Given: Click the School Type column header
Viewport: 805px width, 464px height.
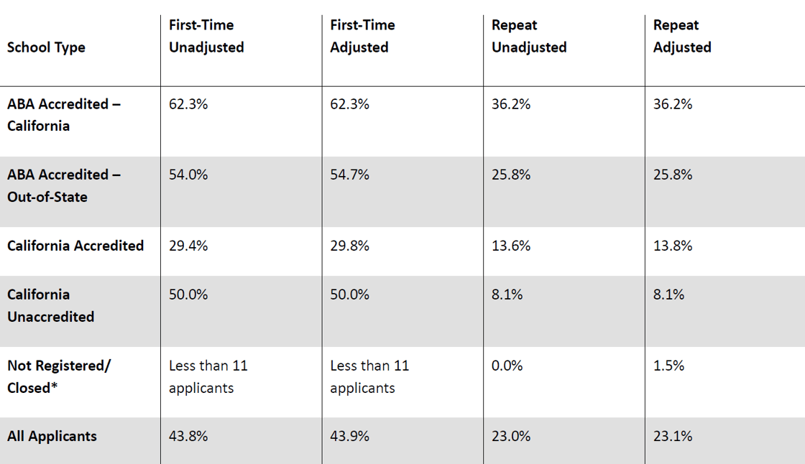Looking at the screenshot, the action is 46,47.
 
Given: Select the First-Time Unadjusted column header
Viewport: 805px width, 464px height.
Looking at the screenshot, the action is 206,36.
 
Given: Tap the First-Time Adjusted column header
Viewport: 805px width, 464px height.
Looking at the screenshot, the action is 362,36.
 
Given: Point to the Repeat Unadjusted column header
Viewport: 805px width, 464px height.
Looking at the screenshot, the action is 529,36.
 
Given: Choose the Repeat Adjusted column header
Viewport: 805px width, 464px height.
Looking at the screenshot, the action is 682,36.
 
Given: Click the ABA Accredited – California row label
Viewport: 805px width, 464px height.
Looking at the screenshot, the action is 64,115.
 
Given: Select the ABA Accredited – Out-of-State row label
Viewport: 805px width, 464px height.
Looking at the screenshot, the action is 64,186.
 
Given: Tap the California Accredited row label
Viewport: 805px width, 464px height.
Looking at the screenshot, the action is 75,246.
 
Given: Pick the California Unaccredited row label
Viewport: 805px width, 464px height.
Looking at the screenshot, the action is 51,305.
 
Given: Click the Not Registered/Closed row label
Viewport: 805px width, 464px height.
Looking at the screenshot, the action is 59,377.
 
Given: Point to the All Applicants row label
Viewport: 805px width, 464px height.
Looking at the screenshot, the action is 52,436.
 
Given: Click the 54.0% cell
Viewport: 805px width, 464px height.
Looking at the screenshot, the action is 188,175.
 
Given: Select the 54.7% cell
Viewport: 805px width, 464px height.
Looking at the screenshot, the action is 349,175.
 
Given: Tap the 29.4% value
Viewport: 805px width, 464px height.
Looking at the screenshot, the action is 188,246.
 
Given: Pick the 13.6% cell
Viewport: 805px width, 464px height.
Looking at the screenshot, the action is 511,246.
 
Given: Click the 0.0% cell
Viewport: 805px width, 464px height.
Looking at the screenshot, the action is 507,366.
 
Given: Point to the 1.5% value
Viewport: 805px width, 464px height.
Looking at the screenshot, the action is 669,366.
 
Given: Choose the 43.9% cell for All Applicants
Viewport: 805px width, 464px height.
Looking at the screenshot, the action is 349,436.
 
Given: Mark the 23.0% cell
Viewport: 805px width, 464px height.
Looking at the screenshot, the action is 511,436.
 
